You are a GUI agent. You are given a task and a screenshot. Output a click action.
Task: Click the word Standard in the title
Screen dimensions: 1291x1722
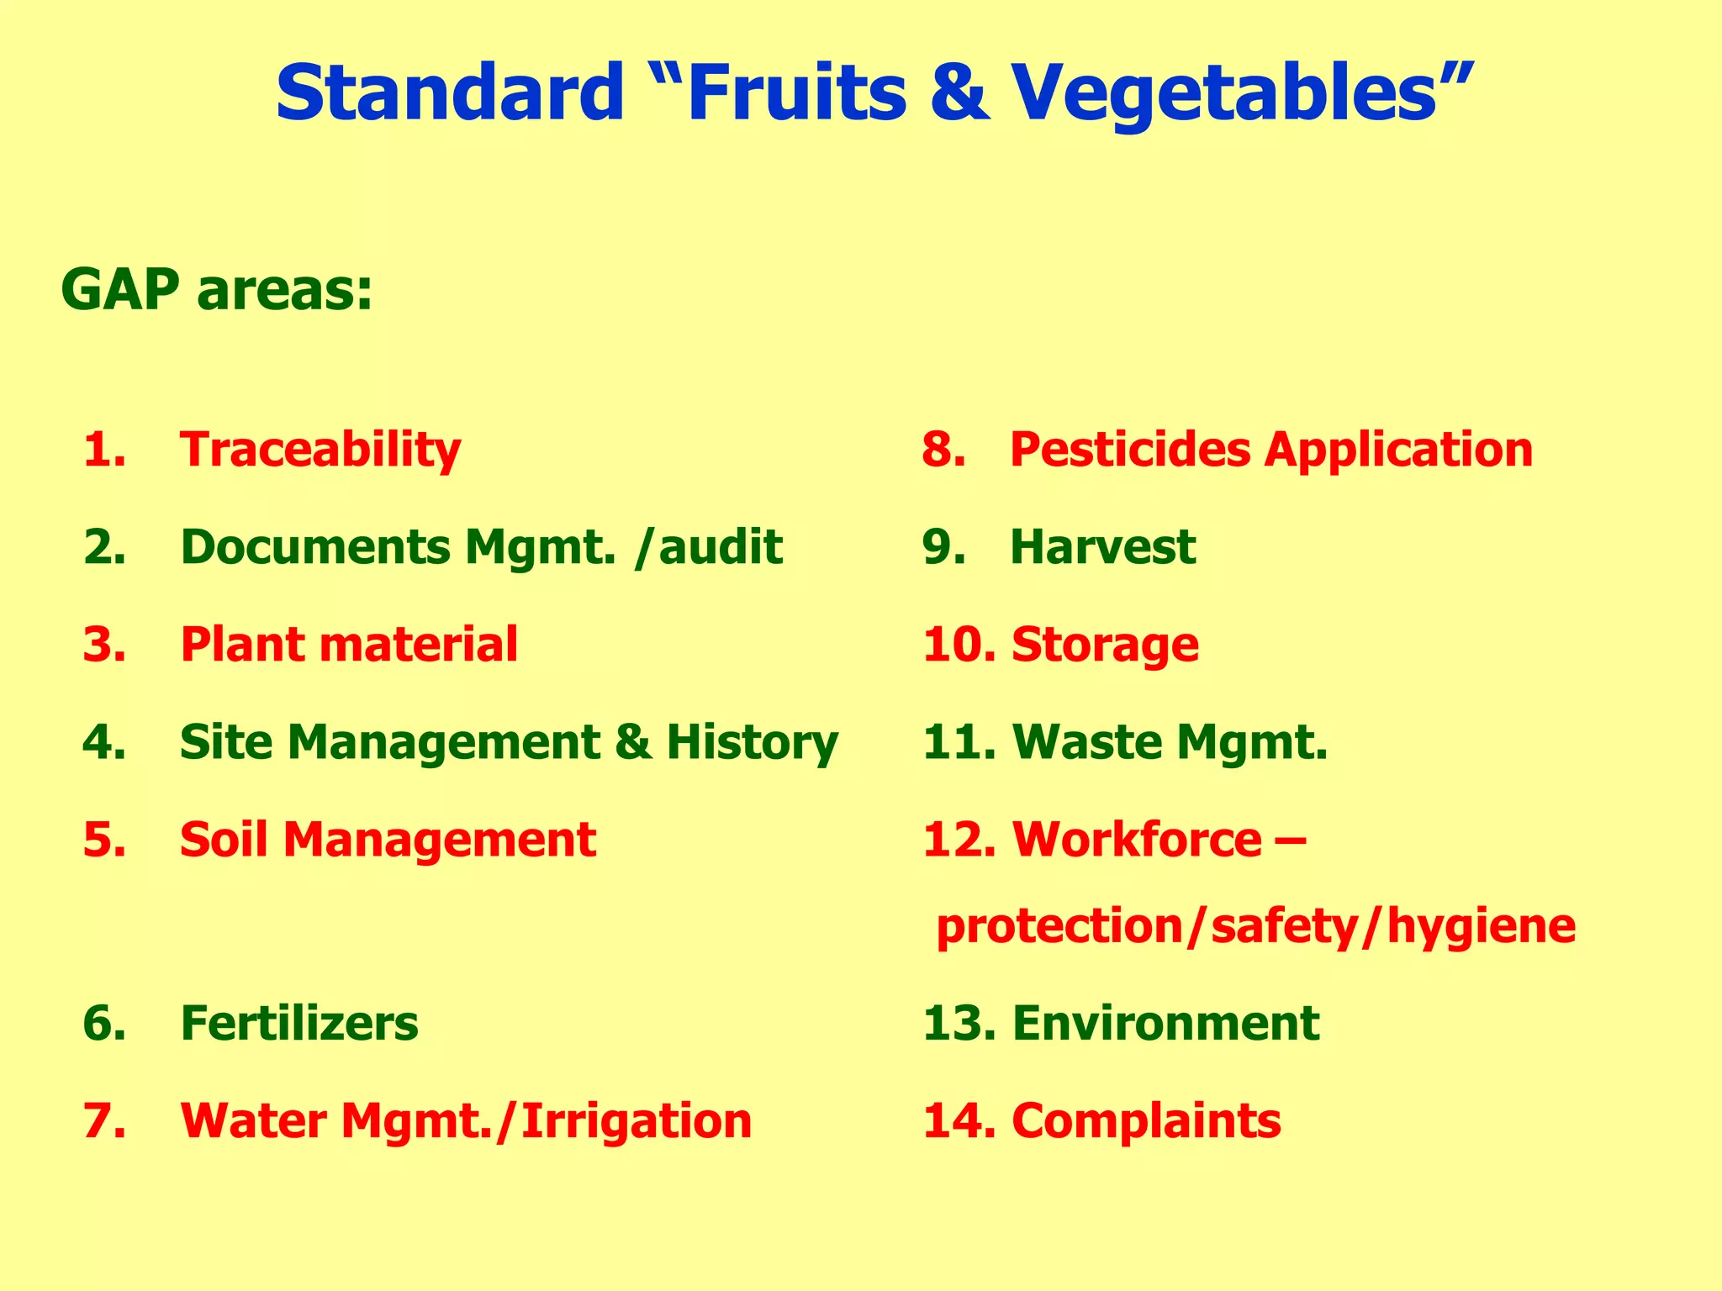click(449, 92)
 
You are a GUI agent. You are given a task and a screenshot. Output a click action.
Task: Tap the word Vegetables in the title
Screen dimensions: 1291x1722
click(1223, 92)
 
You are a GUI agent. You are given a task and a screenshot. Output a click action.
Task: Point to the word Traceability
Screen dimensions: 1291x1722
click(320, 450)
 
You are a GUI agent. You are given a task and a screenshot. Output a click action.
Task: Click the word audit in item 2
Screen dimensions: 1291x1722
click(721, 547)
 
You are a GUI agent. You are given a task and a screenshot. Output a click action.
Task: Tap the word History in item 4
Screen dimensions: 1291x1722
click(753, 742)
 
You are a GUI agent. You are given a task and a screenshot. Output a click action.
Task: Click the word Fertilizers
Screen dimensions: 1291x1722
click(299, 1023)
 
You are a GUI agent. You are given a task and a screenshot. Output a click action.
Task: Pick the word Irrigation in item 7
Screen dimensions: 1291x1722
click(637, 1120)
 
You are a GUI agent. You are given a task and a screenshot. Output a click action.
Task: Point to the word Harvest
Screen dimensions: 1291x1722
click(1102, 547)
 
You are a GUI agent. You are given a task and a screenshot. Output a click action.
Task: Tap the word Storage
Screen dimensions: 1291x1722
click(1105, 645)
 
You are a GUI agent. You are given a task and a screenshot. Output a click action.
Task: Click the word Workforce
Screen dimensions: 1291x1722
click(1137, 840)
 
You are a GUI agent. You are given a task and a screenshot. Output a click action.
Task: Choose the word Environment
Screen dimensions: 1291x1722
click(1165, 1023)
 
